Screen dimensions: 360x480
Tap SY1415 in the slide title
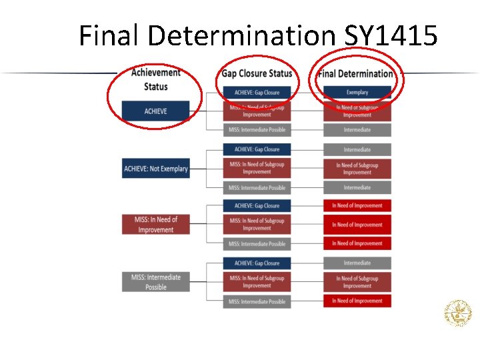pos(391,35)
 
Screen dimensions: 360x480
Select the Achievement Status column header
pos(155,79)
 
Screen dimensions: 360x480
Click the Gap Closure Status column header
pos(257,73)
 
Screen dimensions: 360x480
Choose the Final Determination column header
pos(357,73)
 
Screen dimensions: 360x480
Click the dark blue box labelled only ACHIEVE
pos(155,111)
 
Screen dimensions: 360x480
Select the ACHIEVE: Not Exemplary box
pos(155,169)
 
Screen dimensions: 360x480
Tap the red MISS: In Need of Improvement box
pos(155,225)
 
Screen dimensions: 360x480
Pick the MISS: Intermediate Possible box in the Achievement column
pos(155,282)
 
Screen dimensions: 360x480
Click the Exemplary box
pos(357,92)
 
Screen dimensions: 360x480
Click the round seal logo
pos(458,313)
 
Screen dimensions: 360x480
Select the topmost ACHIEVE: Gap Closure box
pos(257,92)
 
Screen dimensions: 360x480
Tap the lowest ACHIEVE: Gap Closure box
pos(257,263)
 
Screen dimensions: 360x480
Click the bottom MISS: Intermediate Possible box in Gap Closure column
pos(257,301)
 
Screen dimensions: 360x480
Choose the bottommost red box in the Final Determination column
pos(357,301)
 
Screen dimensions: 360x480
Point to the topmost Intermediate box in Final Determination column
pos(357,130)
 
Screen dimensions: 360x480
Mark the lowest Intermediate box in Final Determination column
pos(357,263)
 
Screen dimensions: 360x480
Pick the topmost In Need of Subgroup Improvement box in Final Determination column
pos(357,111)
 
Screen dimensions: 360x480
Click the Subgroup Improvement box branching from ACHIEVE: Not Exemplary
pos(257,168)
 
